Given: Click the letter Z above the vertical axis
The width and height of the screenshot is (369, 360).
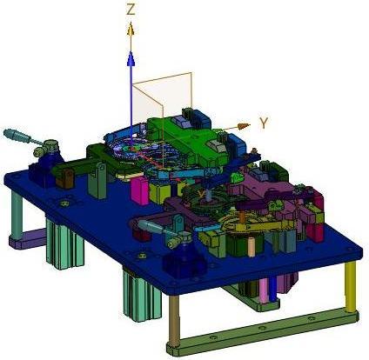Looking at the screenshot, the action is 131,10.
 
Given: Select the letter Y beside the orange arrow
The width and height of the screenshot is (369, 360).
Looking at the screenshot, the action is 264,123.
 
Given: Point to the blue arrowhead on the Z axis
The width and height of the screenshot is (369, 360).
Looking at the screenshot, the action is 131,59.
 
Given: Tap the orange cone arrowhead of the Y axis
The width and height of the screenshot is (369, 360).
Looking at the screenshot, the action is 244,126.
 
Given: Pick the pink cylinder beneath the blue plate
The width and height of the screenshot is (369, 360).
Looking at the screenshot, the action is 264,290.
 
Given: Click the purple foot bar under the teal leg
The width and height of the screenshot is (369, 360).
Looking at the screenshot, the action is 28,238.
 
